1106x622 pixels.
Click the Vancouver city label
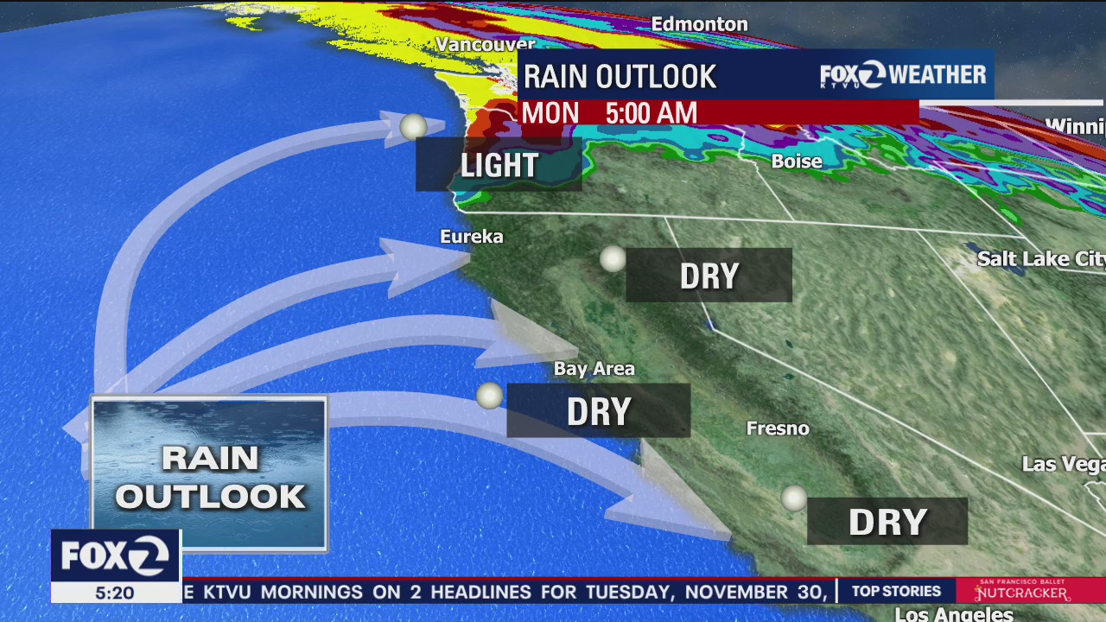[x=485, y=44]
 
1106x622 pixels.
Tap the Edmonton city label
[x=699, y=24]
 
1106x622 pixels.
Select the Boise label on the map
[x=796, y=162]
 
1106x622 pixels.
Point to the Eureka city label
[x=471, y=237]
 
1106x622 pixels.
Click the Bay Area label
[x=594, y=369]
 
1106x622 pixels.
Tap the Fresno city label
[x=778, y=428]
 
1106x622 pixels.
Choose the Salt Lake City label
[x=1040, y=259]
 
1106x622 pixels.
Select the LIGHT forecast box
[x=499, y=164]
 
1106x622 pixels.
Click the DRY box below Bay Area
[x=598, y=411]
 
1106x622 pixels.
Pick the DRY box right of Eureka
[x=709, y=276]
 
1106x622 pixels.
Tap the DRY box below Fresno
[x=887, y=522]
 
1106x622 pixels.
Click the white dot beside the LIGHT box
[x=413, y=127]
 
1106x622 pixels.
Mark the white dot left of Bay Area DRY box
[x=489, y=396]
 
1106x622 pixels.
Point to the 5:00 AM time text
[x=651, y=113]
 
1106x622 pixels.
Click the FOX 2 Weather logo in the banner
[x=903, y=75]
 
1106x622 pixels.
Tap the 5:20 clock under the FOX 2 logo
[x=115, y=593]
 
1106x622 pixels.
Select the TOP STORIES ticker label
[x=896, y=592]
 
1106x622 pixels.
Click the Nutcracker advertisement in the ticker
[x=1022, y=591]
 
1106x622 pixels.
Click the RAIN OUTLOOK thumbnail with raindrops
[x=209, y=473]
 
